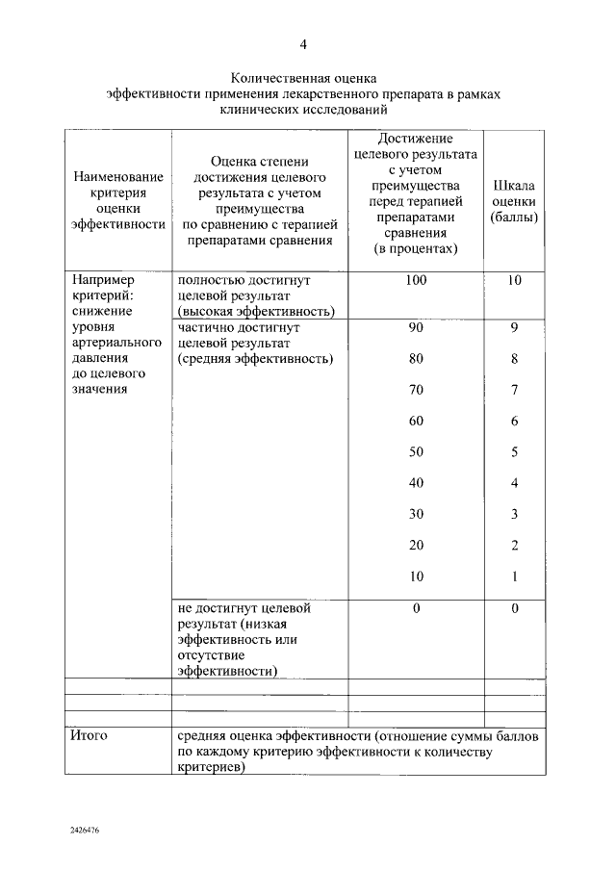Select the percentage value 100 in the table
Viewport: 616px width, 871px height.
pyautogui.click(x=416, y=280)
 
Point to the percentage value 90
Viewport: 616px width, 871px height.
pyautogui.click(x=416, y=327)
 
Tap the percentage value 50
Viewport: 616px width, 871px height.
pyautogui.click(x=416, y=451)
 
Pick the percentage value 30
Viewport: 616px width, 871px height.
pyautogui.click(x=416, y=514)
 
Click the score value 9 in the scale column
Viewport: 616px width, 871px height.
pyautogui.click(x=515, y=327)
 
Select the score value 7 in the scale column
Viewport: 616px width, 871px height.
pyautogui.click(x=515, y=390)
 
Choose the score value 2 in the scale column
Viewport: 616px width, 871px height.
pyautogui.click(x=515, y=546)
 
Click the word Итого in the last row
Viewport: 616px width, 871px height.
pyautogui.click(x=90, y=735)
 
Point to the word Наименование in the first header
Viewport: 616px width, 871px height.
pyautogui.click(x=117, y=178)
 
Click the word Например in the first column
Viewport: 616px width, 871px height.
pyautogui.click(x=100, y=279)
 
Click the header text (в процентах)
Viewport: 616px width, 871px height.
pyautogui.click(x=416, y=249)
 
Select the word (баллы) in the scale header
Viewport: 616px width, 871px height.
pyautogui.click(x=514, y=218)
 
